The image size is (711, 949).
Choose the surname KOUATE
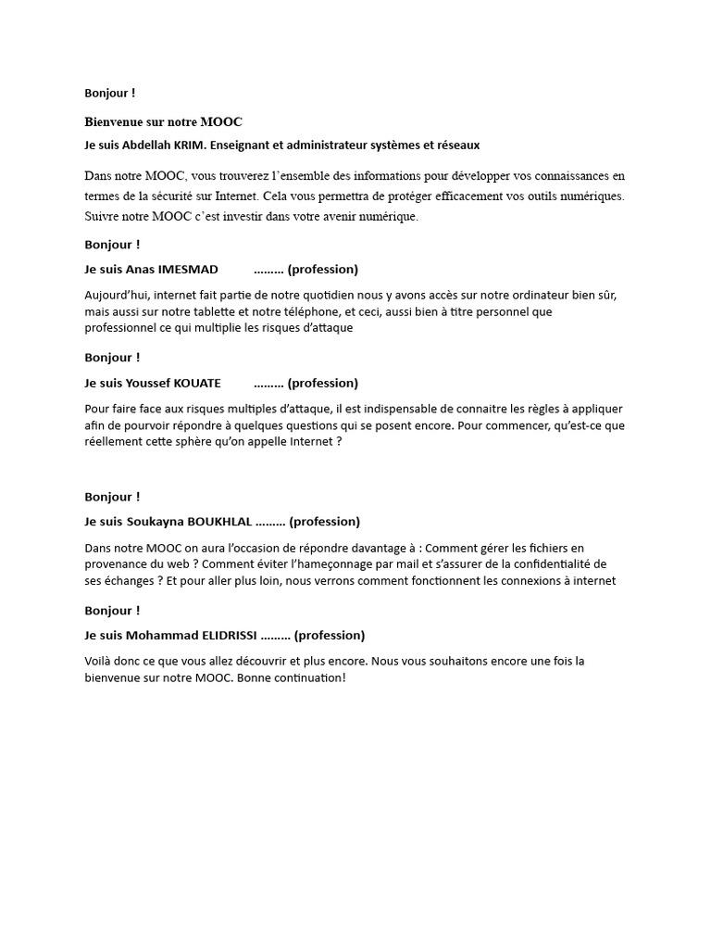click(193, 383)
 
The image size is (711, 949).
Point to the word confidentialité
click(552, 564)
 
